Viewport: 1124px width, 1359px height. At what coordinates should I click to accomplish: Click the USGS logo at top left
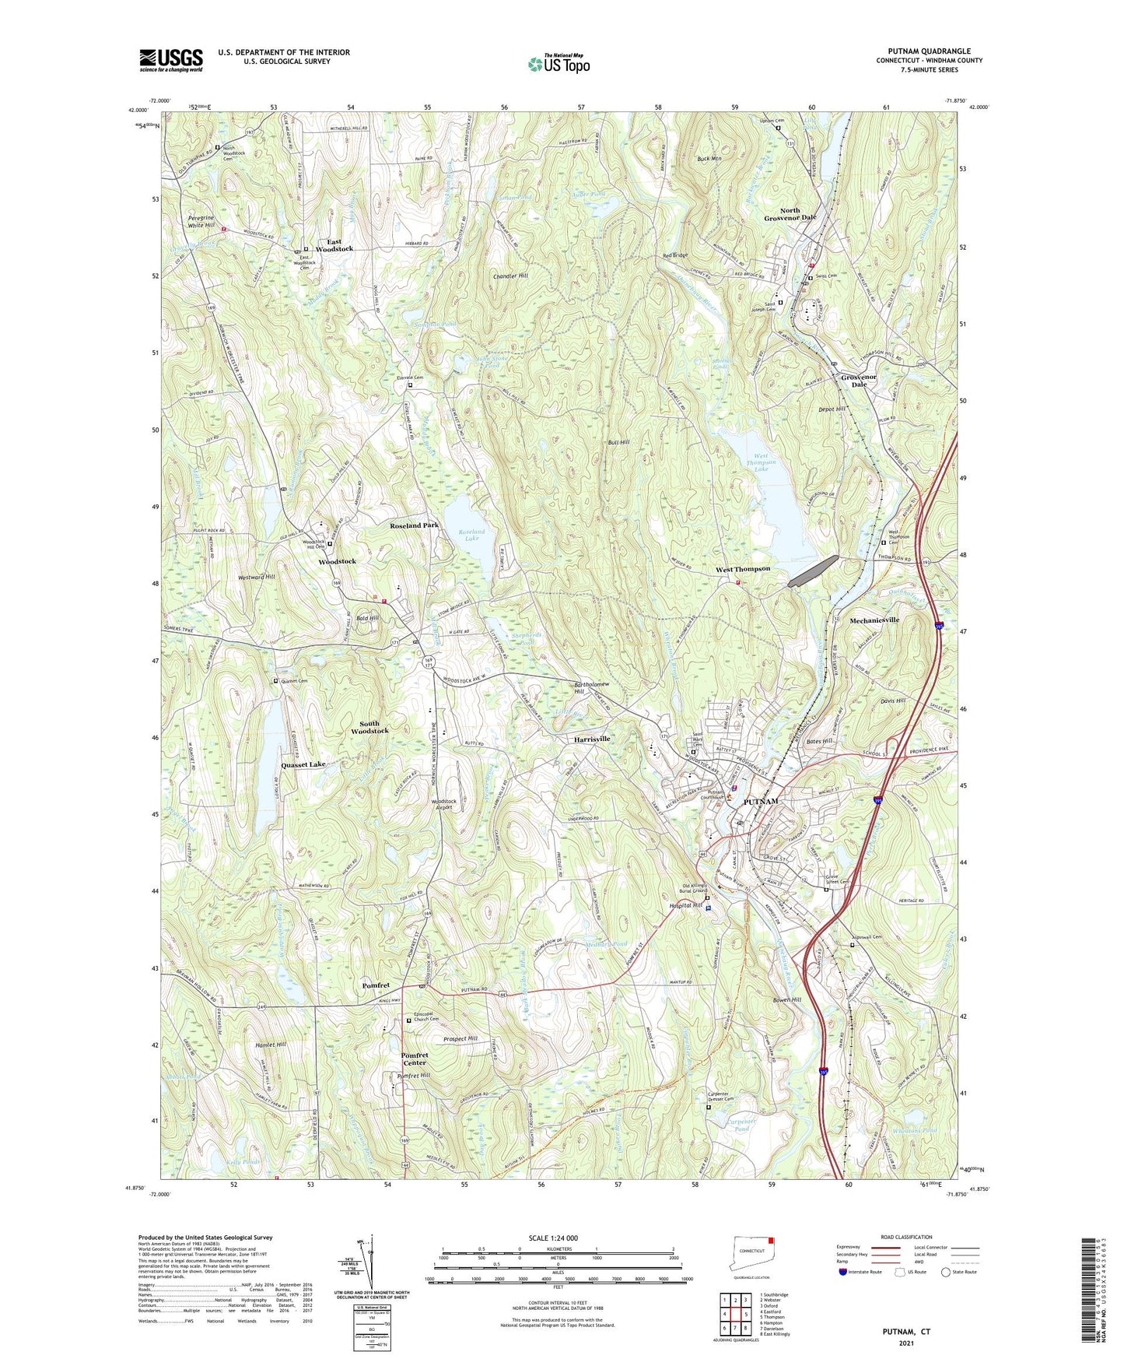pyautogui.click(x=170, y=60)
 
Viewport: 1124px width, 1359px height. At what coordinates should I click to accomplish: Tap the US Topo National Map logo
pyautogui.click(x=558, y=63)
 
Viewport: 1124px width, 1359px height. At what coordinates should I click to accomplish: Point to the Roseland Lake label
pyautogui.click(x=471, y=535)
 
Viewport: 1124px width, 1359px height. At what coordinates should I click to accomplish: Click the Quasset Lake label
pyautogui.click(x=303, y=765)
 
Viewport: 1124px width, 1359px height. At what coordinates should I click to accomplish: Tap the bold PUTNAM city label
pyautogui.click(x=760, y=802)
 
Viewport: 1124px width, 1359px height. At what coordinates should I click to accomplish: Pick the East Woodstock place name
pyautogui.click(x=334, y=244)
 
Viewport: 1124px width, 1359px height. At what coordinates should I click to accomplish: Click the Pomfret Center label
pyautogui.click(x=414, y=1059)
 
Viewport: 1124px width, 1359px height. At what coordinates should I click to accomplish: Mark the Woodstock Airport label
pyautogui.click(x=443, y=804)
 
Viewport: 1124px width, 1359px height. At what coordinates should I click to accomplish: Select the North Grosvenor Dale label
pyautogui.click(x=790, y=214)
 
